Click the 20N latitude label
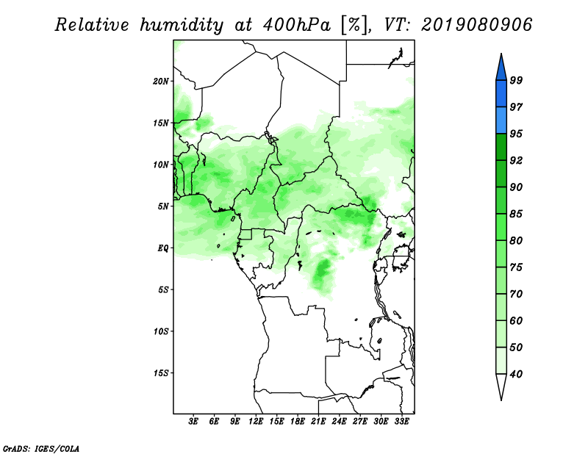[161, 82]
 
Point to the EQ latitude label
[162, 248]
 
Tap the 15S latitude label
[161, 373]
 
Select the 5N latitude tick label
[163, 206]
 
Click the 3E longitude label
[193, 422]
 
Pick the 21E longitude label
[318, 422]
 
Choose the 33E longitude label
[401, 422]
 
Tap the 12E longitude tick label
[256, 422]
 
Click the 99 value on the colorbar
[516, 80]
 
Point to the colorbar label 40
[516, 374]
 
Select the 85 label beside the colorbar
[516, 214]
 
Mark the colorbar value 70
[516, 294]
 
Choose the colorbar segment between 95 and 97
[501, 120]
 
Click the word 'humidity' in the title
[182, 25]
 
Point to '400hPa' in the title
[297, 25]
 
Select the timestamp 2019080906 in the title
[476, 25]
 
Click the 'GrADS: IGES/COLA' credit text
[41, 448]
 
